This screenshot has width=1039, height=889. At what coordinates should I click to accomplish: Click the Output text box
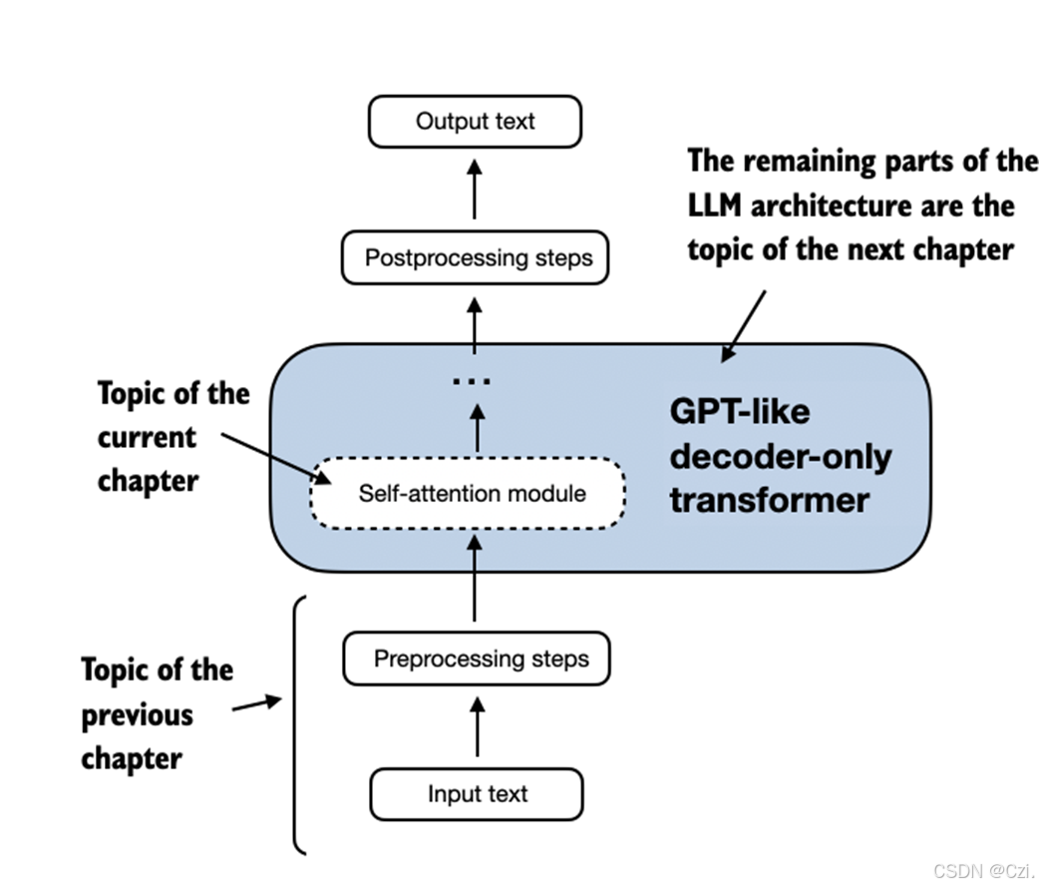coord(475,122)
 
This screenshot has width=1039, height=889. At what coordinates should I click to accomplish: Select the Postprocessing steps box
coord(475,258)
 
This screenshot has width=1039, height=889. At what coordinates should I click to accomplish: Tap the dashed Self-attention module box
coord(469,494)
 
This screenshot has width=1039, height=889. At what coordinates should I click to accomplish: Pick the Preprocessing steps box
coord(477,660)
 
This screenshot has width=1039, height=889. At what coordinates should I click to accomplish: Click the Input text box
coord(477,795)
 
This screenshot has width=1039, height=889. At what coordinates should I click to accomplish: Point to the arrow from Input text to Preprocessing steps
coord(477,726)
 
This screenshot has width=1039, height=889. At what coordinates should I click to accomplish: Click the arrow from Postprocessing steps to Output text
coord(475,191)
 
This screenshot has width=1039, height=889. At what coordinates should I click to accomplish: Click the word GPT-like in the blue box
coord(739,411)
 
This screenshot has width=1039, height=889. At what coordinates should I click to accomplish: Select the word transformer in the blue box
coord(769,499)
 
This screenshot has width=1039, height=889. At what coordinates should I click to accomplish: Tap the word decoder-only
coord(780,456)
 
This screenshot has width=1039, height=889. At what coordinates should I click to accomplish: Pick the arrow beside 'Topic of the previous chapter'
coord(257,704)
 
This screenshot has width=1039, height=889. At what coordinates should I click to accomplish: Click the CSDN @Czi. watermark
coord(978,869)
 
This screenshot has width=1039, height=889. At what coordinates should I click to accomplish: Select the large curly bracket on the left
coord(298,723)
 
